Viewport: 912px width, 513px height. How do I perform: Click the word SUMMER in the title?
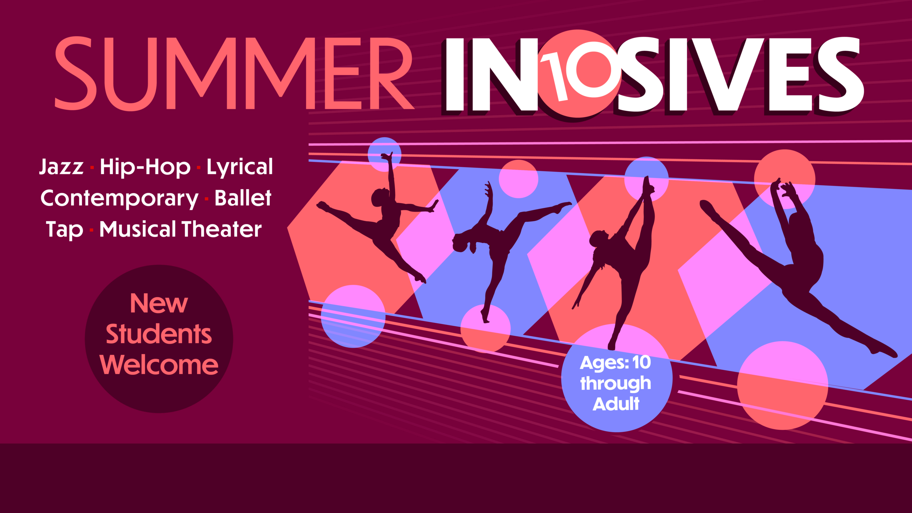[234, 73]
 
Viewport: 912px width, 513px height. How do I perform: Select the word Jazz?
[61, 167]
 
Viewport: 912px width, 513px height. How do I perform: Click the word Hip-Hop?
[145, 167]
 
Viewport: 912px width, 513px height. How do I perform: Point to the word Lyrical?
[239, 167]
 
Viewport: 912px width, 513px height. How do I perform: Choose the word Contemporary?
[119, 198]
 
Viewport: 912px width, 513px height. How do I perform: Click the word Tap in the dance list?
[64, 229]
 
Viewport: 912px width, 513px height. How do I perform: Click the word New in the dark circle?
[159, 304]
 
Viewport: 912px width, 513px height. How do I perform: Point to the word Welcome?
[159, 365]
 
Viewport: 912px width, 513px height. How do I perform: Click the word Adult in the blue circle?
[616, 404]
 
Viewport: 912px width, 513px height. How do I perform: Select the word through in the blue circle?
[616, 383]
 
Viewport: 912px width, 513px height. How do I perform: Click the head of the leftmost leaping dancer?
[378, 198]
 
